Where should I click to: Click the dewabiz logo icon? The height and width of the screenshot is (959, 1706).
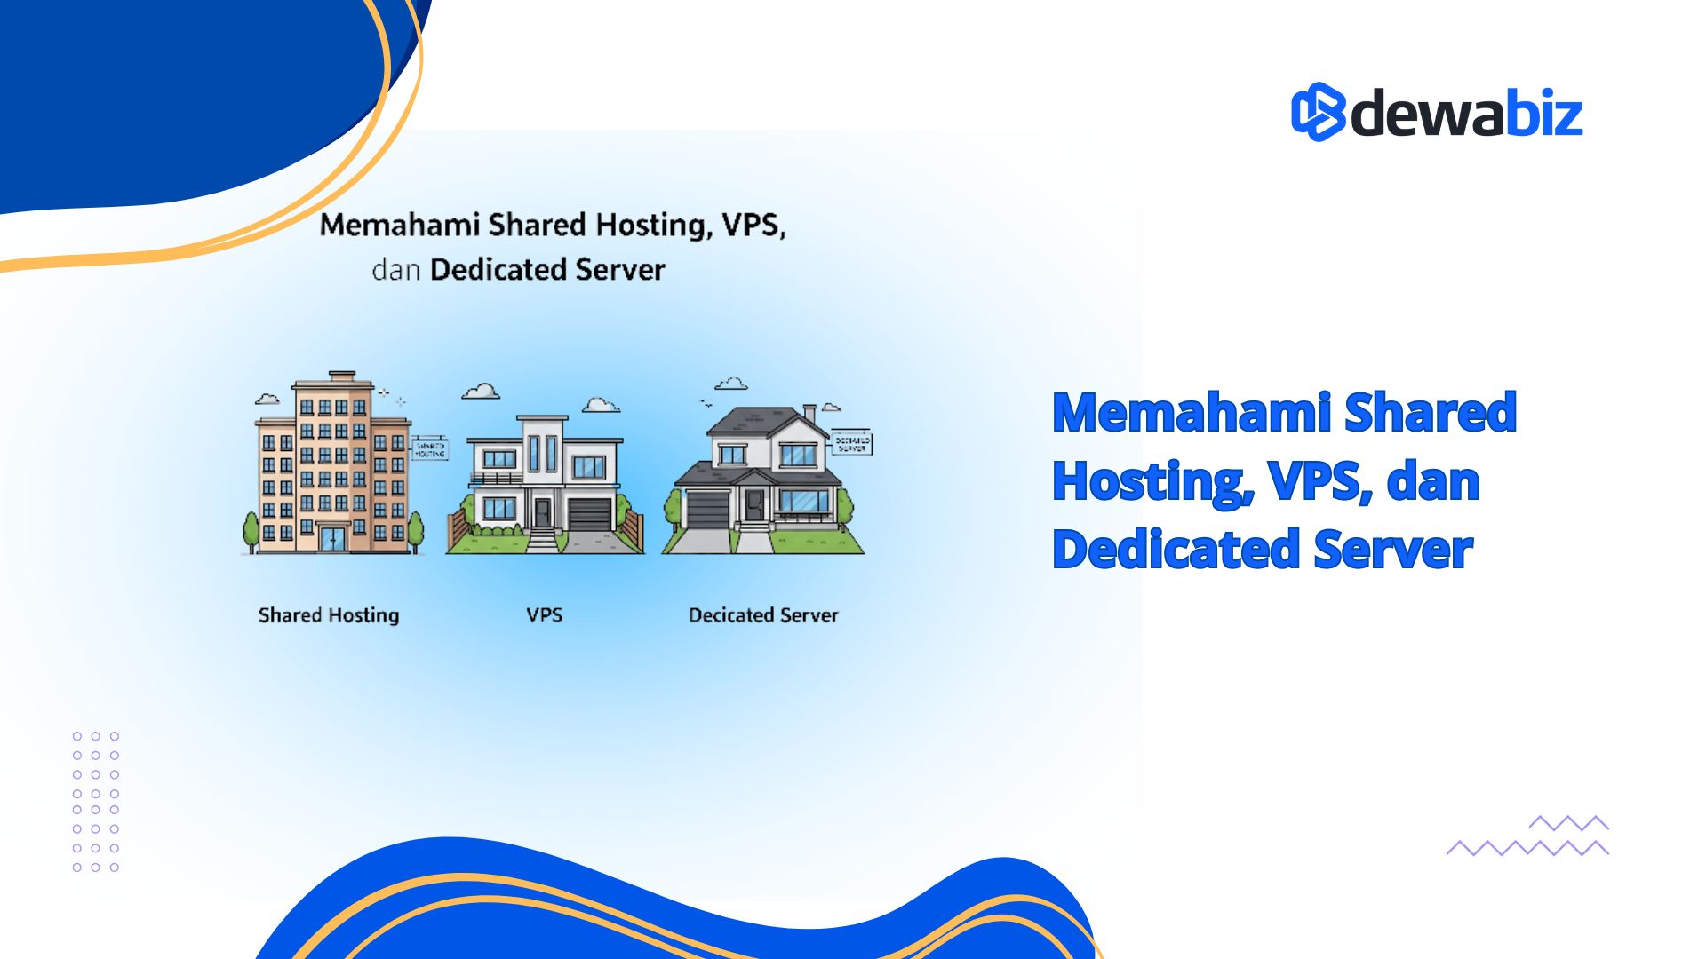(x=1318, y=112)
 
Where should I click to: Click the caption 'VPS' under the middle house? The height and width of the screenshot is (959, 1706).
(x=544, y=614)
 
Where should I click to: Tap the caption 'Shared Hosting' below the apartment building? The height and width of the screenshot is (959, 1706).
(x=329, y=614)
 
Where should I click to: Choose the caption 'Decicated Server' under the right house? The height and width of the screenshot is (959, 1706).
(x=763, y=614)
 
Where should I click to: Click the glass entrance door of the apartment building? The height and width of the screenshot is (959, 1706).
(x=332, y=538)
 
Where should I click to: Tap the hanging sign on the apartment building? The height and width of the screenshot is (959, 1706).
(x=429, y=449)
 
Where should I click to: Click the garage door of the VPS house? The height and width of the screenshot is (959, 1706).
(x=589, y=514)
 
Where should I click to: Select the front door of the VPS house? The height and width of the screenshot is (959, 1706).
(x=541, y=511)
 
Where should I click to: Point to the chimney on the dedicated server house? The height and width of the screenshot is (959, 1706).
(x=809, y=414)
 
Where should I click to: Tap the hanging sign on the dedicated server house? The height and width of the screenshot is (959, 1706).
(x=851, y=444)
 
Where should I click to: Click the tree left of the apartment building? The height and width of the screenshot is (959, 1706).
(x=251, y=530)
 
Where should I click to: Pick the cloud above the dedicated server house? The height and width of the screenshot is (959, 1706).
(x=730, y=384)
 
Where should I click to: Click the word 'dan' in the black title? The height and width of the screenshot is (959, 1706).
(x=395, y=269)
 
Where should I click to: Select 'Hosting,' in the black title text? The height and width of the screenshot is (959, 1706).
(x=654, y=226)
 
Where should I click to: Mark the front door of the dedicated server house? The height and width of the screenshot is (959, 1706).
(x=754, y=504)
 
